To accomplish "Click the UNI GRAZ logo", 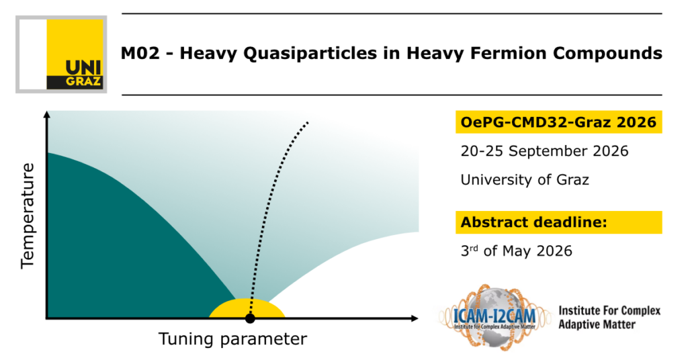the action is pos(61,54).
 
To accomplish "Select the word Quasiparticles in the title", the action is pos(310,54).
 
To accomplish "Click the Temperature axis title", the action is pos(28,216).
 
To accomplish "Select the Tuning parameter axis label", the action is pos(232,339).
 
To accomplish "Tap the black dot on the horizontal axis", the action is pos(250,318).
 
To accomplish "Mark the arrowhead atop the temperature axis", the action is pos(47,115).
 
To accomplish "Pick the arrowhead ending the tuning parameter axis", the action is pos(414,318).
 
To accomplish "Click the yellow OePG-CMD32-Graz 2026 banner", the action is pos(558,122).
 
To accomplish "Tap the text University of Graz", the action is pos(525,180).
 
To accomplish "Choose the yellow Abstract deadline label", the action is pos(558,222).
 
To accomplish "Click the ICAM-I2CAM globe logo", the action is pos(494,316).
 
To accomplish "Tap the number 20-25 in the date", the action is pos(482,151).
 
